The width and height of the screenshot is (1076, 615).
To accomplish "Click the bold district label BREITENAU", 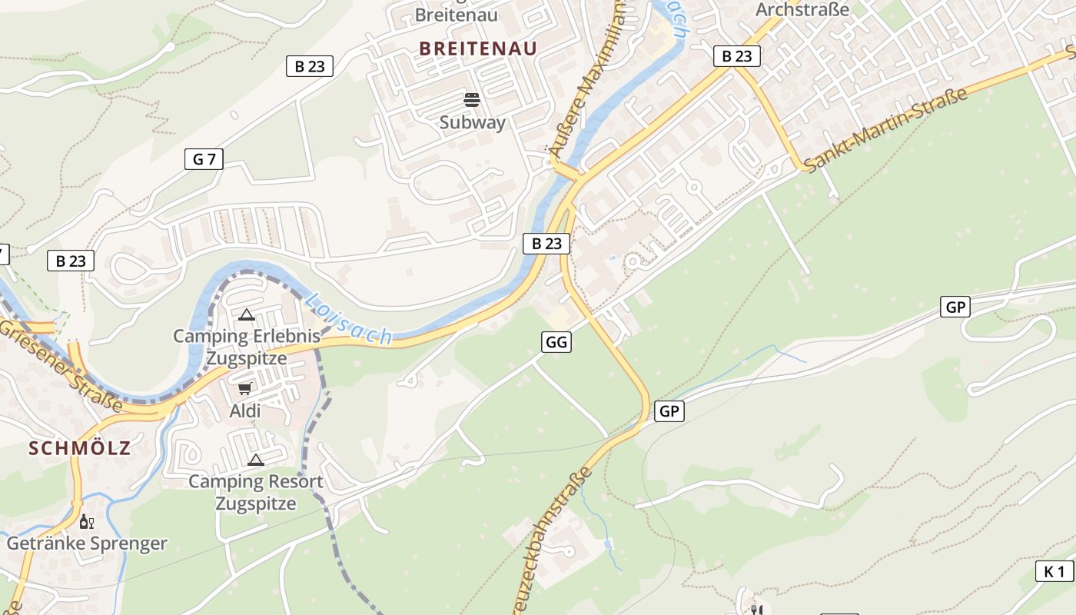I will click(477, 48).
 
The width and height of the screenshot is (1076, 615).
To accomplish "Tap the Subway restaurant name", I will click(473, 122).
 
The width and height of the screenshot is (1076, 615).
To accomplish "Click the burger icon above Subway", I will click(472, 100).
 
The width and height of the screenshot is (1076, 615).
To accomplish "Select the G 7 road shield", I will click(204, 159).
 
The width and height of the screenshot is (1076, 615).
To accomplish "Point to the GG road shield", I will click(556, 342).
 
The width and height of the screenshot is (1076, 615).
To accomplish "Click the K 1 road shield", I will click(1054, 571).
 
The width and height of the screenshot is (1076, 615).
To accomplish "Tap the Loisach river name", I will click(348, 317).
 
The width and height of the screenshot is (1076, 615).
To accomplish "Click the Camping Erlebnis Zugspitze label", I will click(246, 347).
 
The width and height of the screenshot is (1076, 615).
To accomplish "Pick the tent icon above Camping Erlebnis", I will click(246, 314).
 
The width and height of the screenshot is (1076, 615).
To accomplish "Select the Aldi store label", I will click(245, 411).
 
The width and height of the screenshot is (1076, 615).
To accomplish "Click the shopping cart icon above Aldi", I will click(245, 389).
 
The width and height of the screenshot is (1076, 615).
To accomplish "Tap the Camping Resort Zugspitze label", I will click(255, 493).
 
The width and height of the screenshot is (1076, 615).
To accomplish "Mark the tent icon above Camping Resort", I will click(255, 460).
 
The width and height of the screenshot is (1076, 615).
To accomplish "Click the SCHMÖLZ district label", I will click(80, 448).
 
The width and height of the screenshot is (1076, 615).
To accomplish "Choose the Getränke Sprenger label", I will click(87, 544).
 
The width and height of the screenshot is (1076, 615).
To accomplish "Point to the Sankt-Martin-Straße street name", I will click(886, 130).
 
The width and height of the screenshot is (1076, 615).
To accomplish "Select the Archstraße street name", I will click(802, 9).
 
